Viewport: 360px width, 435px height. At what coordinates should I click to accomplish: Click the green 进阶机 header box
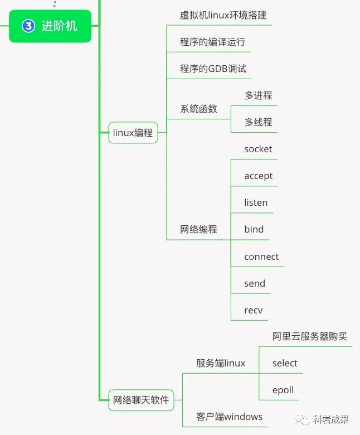[50, 26]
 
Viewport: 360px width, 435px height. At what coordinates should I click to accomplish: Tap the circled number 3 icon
[28, 26]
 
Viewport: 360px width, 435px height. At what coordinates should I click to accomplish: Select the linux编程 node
[133, 133]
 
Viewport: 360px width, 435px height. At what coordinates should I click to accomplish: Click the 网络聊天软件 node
[141, 400]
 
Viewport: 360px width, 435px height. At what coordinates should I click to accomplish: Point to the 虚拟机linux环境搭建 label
[219, 15]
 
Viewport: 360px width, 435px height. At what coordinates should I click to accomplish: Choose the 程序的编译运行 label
[212, 42]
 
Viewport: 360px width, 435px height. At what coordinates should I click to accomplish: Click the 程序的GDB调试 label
[213, 69]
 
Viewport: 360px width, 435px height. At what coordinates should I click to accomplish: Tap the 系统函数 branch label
[198, 109]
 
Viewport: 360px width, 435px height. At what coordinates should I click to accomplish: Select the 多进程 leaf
[258, 95]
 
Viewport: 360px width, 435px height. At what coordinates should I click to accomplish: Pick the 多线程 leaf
[258, 122]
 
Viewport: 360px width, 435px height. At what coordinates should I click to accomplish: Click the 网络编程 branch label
[198, 229]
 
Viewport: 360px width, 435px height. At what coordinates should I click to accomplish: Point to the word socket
[258, 149]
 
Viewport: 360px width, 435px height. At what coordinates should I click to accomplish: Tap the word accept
[258, 176]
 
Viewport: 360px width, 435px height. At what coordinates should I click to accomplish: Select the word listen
[256, 202]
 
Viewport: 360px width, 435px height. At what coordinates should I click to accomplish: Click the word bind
[254, 229]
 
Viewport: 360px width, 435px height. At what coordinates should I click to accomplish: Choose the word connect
[261, 257]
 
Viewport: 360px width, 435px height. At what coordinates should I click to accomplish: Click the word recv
[253, 310]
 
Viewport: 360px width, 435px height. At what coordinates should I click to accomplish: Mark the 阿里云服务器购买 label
[309, 336]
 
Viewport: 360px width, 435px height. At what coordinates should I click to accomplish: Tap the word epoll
[283, 390]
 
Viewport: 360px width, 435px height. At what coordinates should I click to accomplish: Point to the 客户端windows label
[229, 417]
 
